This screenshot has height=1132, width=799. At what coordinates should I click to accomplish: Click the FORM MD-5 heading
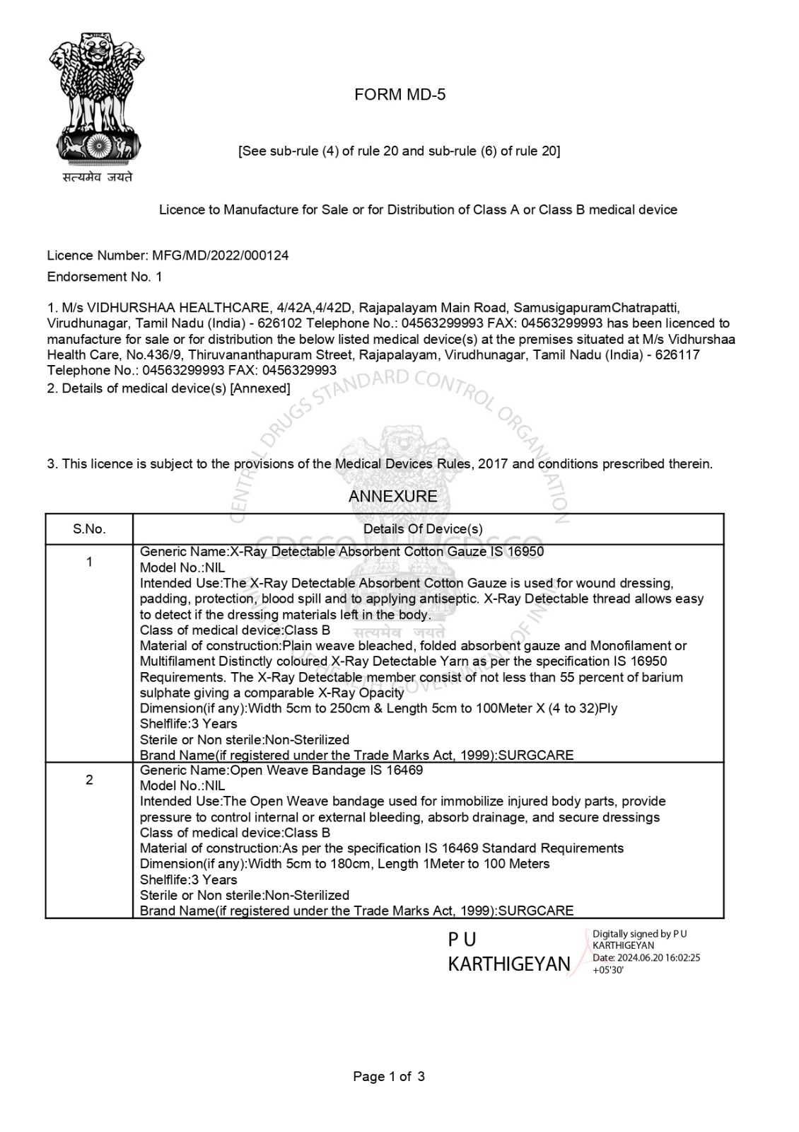click(x=399, y=95)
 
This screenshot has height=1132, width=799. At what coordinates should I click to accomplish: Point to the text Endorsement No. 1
click(x=105, y=277)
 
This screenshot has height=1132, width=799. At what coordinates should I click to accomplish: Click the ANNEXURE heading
click(x=392, y=497)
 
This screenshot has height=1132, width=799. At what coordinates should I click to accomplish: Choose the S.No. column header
click(x=89, y=529)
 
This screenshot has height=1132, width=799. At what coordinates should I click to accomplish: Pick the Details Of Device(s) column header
click(x=423, y=529)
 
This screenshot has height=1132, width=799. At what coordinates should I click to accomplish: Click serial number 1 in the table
click(x=89, y=562)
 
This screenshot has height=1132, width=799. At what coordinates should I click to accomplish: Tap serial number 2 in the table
click(x=89, y=780)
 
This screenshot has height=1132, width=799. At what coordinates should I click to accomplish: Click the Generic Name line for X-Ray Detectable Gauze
click(x=342, y=552)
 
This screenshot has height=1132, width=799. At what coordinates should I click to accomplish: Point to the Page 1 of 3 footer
click(x=389, y=1077)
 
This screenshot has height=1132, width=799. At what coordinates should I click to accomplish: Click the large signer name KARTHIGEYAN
click(x=508, y=964)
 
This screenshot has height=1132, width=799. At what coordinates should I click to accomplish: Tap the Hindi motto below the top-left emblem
click(x=97, y=178)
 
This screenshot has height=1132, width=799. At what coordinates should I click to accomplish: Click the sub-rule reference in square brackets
click(x=399, y=151)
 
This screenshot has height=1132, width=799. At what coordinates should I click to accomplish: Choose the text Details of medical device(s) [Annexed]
click(x=169, y=388)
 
